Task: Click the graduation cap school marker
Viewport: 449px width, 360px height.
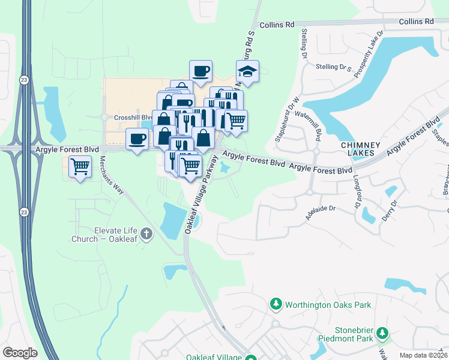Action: tap(247, 73)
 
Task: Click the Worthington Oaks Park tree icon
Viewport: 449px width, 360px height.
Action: tap(276, 304)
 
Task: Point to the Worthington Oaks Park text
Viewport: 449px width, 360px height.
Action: tap(328, 305)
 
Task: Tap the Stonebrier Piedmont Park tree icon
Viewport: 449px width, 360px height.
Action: tap(382, 332)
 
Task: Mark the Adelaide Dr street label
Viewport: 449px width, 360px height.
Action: tap(320, 213)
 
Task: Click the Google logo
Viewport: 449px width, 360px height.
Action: tap(20, 352)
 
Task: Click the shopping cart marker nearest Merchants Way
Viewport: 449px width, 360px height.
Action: tap(80, 167)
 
